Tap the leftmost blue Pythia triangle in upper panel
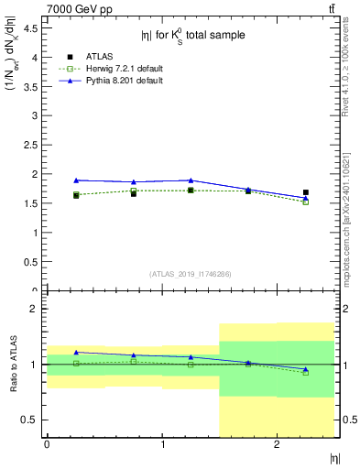(x=76, y=180)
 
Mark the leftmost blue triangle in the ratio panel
(x=76, y=352)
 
